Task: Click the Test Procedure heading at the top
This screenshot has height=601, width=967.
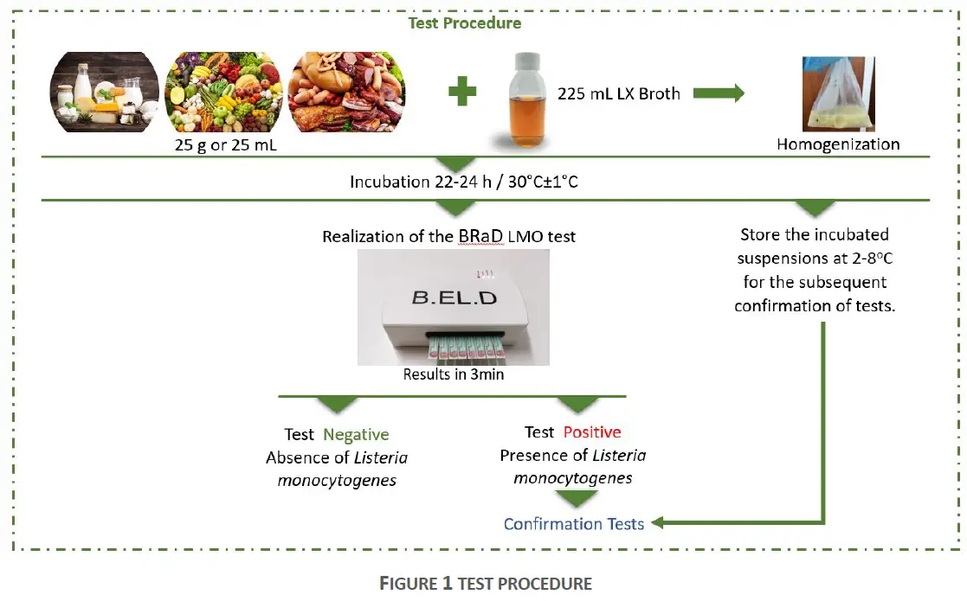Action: [x=465, y=23]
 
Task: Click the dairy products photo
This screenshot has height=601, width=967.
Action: [x=105, y=92]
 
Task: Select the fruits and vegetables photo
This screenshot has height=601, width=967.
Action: [x=223, y=92]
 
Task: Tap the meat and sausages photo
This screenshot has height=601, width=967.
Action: [x=345, y=92]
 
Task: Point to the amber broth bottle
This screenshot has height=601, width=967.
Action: [x=525, y=100]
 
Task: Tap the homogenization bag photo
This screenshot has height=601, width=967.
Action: [x=837, y=93]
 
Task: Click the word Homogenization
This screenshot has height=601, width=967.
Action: [x=838, y=144]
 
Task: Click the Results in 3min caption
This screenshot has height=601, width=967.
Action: [x=453, y=374]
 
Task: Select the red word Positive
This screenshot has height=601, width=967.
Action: [x=592, y=432]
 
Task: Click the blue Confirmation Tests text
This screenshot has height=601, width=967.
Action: [x=573, y=523]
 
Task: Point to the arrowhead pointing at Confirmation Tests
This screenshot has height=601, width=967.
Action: [x=656, y=522]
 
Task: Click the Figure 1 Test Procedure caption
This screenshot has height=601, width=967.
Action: [x=485, y=584]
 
